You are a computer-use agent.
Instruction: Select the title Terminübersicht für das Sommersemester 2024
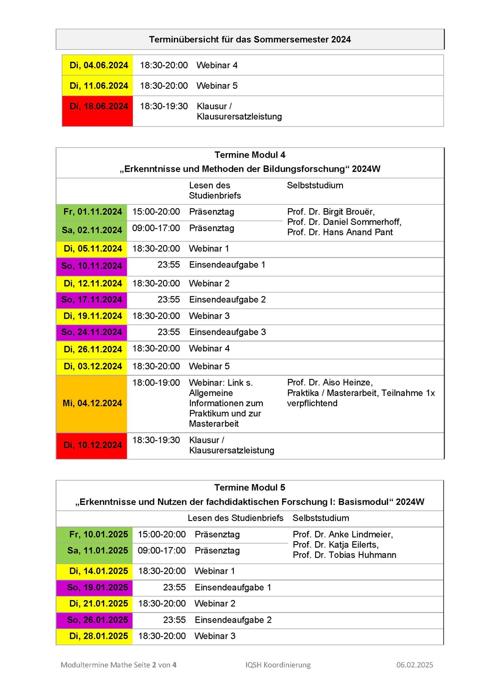point(250,39)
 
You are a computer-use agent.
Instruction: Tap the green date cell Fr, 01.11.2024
point(93,212)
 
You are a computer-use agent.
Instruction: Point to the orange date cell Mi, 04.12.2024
point(92,403)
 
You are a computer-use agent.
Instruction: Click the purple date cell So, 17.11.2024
point(92,300)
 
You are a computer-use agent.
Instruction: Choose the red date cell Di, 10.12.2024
point(93,445)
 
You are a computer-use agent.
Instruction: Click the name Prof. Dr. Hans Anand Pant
point(340,233)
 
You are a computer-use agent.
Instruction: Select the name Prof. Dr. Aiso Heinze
point(330,383)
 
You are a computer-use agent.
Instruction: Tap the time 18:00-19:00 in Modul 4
point(156,383)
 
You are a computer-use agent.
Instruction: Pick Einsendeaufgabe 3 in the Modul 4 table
point(227,332)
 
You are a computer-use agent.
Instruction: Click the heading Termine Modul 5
point(249,487)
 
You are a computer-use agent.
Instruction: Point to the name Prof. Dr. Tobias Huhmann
point(344,555)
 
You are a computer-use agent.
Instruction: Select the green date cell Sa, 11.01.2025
point(98,551)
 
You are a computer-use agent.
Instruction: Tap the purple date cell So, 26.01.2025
point(98,620)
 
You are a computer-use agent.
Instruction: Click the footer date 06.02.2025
point(415,665)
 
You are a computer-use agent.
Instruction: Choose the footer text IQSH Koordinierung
point(278,665)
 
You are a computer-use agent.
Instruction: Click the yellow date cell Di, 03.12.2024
point(93,366)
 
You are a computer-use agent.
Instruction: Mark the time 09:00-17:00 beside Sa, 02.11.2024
point(156,228)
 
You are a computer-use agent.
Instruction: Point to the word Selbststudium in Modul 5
point(321,518)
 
